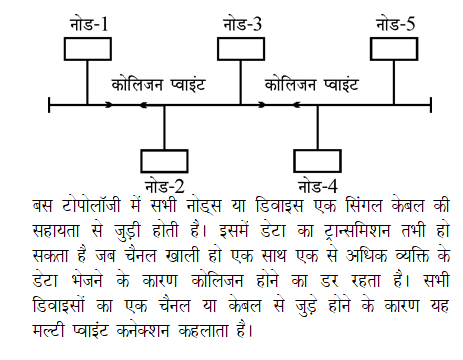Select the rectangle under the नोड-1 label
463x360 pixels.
[89, 46]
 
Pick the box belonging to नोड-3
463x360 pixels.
[242, 46]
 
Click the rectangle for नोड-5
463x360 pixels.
[396, 46]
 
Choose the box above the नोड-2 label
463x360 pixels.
[165, 160]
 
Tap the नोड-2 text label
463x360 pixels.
[164, 185]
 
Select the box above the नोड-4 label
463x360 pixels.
[319, 160]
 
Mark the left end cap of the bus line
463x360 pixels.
[50, 104]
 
